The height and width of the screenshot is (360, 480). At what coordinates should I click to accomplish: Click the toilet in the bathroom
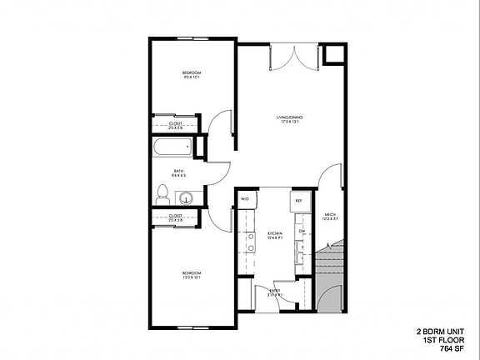tap(163, 195)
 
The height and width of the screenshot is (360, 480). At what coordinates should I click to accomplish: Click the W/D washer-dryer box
tap(245, 200)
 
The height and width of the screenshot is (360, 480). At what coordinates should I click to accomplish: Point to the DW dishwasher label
tap(302, 231)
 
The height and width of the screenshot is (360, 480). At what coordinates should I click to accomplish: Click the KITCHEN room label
tap(275, 234)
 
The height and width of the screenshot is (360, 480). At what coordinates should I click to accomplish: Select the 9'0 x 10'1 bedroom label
tap(192, 76)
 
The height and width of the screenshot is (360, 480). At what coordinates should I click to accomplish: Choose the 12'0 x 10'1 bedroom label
tap(192, 275)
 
